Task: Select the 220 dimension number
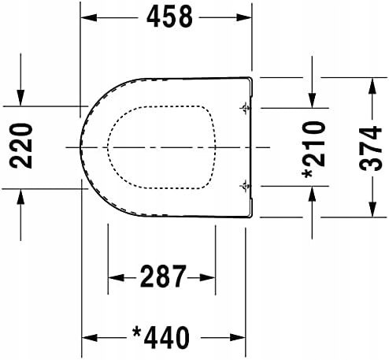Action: (x=17, y=147)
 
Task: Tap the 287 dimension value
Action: (x=163, y=277)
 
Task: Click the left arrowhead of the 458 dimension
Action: (x=89, y=17)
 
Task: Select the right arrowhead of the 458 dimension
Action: (x=246, y=17)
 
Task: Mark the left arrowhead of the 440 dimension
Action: (x=89, y=336)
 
